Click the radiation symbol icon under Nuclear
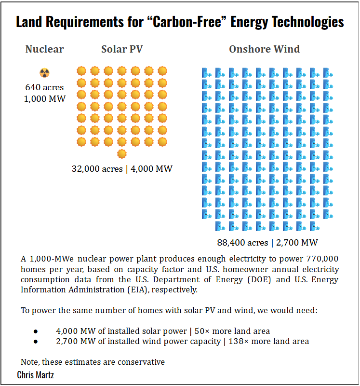pos(44,73)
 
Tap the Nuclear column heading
pos(44,49)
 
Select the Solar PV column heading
pos(122,49)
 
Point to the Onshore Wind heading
pos(264,49)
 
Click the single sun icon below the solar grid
pos(122,153)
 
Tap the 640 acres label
pos(44,88)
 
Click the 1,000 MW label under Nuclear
pos(44,99)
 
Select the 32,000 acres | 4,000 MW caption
pos(122,169)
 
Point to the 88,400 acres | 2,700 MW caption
pos(267,242)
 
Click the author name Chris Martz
pos(35,374)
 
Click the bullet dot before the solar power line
pos(35,331)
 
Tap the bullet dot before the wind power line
pos(35,342)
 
